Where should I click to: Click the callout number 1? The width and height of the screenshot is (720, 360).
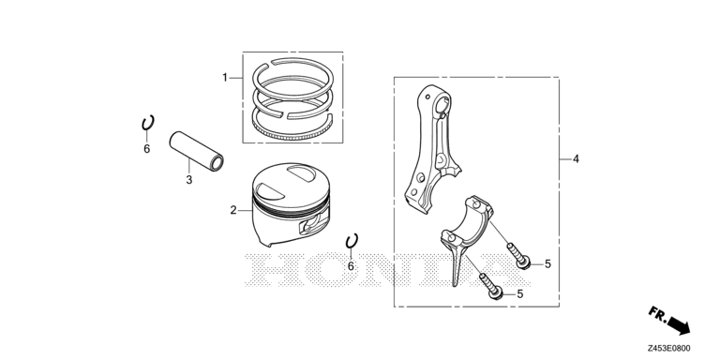pos(225,78)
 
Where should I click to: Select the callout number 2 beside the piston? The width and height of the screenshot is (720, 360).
pos(233,210)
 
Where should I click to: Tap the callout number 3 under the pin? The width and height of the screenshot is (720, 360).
pos(189,180)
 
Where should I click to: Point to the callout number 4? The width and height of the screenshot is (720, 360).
pos(576,158)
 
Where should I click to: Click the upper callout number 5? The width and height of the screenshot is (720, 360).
pos(547,263)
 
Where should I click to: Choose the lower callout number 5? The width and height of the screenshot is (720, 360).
pos(519,293)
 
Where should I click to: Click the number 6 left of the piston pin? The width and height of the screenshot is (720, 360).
pos(147,149)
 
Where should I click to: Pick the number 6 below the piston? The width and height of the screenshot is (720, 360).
pos(351,266)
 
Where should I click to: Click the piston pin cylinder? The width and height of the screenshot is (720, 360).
pos(197,150)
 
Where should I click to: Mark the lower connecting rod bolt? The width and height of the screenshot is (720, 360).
pos(491,286)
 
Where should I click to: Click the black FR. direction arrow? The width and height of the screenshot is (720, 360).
pos(679,325)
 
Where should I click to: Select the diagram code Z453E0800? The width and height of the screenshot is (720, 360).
pos(669,349)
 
